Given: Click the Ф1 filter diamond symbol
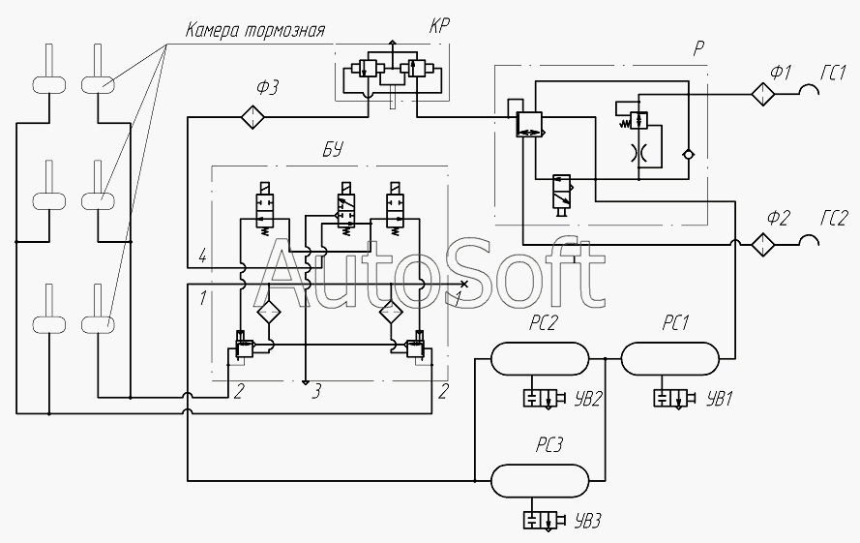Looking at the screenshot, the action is [x=763, y=94].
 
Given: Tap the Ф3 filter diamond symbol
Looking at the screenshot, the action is [x=252, y=117].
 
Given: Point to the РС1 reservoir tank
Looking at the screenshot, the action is [x=670, y=358].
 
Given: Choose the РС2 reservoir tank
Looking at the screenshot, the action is [x=540, y=358].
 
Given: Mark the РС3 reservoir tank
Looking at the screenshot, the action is [x=540, y=481].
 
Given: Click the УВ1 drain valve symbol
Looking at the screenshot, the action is [x=674, y=398].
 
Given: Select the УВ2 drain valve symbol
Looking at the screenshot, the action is [x=544, y=398].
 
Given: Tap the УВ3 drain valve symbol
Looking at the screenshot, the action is [x=544, y=520].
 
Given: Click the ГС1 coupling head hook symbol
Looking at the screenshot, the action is [x=811, y=88].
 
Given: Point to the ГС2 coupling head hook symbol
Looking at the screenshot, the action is [x=811, y=238].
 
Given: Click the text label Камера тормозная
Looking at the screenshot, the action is [x=255, y=30].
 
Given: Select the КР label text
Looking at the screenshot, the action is [x=439, y=27].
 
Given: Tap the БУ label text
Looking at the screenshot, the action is [x=332, y=149].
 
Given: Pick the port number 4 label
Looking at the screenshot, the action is [x=202, y=256].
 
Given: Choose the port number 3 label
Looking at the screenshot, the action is [x=316, y=392].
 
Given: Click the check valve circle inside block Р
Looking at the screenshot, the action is [x=688, y=154].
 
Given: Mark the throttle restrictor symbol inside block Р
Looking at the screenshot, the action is [x=638, y=152].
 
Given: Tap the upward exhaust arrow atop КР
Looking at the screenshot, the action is [x=392, y=45].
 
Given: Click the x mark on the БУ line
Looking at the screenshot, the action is [x=464, y=284].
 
